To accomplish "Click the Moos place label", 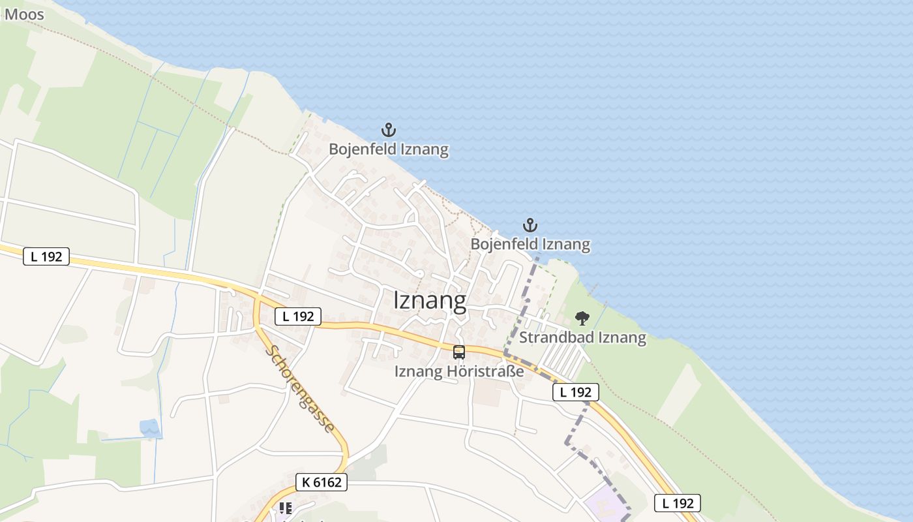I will pyautogui.click(x=24, y=14).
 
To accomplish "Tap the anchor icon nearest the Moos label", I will pyautogui.click(x=389, y=130).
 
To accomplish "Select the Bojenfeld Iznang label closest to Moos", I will pyautogui.click(x=389, y=149).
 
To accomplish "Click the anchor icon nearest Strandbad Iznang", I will pyautogui.click(x=530, y=226).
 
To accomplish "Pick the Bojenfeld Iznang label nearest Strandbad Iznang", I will pyautogui.click(x=530, y=245).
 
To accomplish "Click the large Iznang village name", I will pyautogui.click(x=430, y=301).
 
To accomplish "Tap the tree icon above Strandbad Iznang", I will pyautogui.click(x=582, y=318).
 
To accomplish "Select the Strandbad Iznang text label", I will pyautogui.click(x=582, y=338).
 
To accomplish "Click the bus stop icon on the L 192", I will pyautogui.click(x=459, y=352).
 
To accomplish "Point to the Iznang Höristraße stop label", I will pyautogui.click(x=459, y=372).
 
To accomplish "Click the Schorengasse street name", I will pyautogui.click(x=300, y=388).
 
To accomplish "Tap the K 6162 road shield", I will pyautogui.click(x=321, y=483).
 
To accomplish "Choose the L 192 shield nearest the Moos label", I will pyautogui.click(x=46, y=256).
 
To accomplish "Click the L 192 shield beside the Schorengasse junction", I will pyautogui.click(x=298, y=316).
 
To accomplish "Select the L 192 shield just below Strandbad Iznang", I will pyautogui.click(x=575, y=392).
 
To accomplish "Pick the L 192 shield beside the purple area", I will pyautogui.click(x=678, y=503).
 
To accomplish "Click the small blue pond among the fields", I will pyautogui.click(x=151, y=428).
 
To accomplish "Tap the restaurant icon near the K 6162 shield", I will pyautogui.click(x=285, y=508).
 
